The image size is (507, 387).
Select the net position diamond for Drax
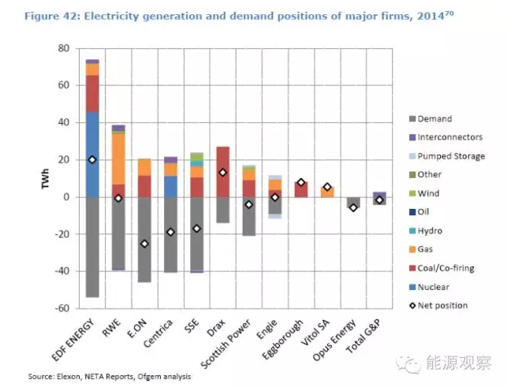click(x=222, y=173)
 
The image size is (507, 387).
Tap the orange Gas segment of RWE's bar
click(x=118, y=158)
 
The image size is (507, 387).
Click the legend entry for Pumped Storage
click(x=446, y=156)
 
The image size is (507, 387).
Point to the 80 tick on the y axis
click(x=65, y=49)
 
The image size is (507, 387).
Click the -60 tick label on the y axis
click(x=62, y=308)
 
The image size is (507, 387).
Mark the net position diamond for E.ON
click(x=144, y=244)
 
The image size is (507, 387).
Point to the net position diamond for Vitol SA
click(x=327, y=187)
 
